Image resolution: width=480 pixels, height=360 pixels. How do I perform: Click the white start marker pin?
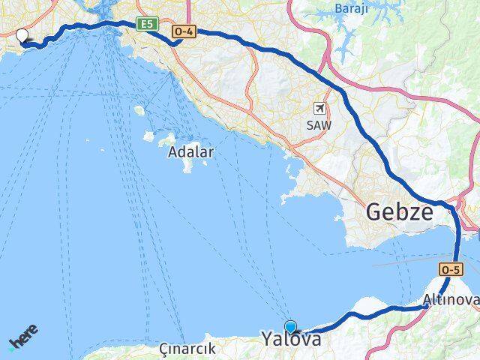coord(22,34)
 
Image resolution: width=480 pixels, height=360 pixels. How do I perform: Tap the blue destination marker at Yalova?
coord(291,327)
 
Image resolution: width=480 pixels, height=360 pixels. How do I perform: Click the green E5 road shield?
coord(147,25)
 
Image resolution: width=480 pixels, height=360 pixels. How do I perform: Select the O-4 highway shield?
coord(184,31)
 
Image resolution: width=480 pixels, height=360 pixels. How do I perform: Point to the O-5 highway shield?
coord(449,268)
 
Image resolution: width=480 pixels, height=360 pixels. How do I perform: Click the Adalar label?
coord(191,152)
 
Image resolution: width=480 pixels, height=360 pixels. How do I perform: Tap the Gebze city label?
coord(400,212)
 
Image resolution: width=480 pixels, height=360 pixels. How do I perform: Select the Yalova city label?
coord(292,339)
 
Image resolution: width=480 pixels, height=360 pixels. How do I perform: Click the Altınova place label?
coord(450,301)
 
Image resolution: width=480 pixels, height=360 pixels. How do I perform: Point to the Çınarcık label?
coord(187,349)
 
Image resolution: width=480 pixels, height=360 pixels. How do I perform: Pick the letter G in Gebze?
coord(376,212)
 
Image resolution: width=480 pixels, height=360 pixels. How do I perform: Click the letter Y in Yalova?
coord(268,339)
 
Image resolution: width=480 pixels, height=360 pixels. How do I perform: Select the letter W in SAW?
coord(326,125)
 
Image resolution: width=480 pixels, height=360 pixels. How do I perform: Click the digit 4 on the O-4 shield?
coord(190,31)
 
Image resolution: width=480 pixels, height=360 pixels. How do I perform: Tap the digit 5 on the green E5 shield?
coord(151,25)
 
